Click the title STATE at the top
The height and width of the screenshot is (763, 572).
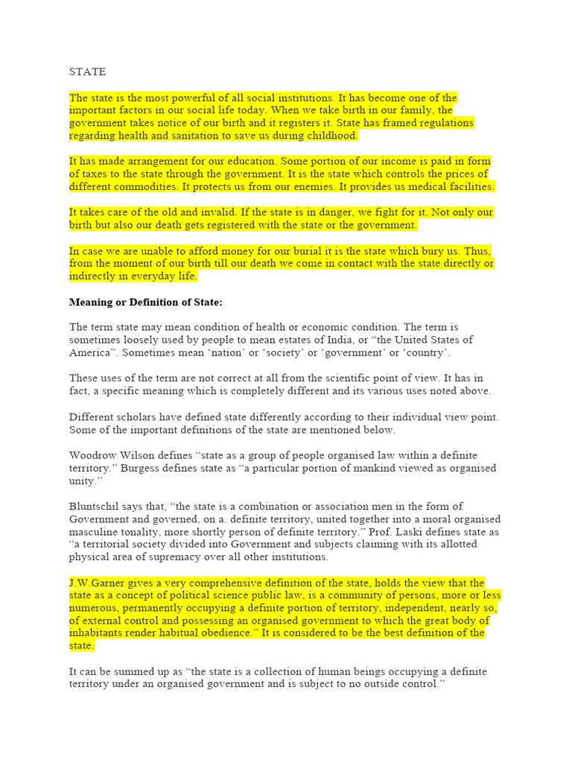pos(87,72)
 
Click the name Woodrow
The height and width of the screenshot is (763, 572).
pos(92,455)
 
